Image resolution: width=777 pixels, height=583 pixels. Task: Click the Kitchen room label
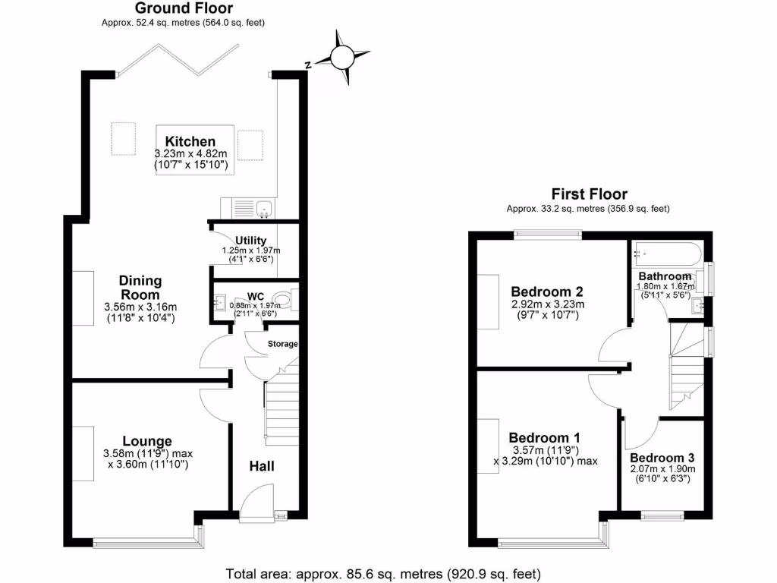[190, 141]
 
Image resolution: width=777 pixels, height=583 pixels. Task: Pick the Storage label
[283, 344]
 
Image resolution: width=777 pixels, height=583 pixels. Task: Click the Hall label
[262, 465]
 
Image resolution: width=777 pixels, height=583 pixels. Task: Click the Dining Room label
[140, 288]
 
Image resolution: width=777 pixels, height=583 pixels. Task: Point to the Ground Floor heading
[184, 8]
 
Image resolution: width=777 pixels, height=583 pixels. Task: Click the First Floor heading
[589, 194]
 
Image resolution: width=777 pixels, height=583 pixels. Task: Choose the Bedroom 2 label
[546, 291]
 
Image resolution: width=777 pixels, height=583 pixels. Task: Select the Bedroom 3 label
[662, 458]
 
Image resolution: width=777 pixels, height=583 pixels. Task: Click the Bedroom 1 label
[544, 437]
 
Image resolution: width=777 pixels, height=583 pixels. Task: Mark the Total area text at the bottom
[383, 573]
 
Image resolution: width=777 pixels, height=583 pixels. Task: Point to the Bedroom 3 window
[662, 517]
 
